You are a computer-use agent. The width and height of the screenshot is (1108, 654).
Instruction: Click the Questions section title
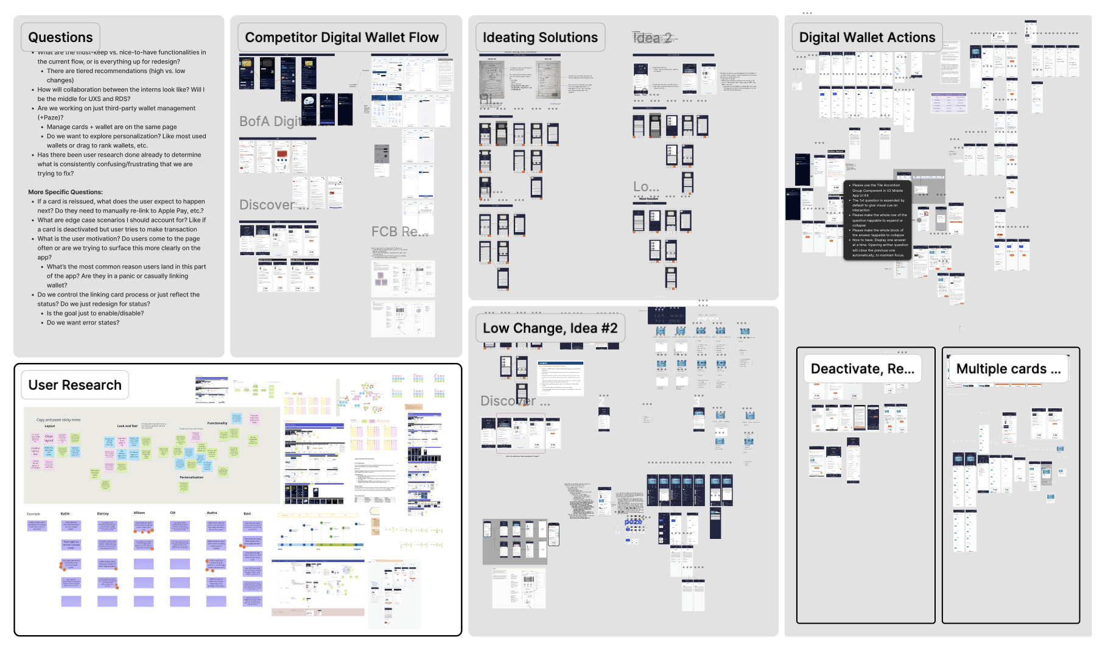pyautogui.click(x=60, y=38)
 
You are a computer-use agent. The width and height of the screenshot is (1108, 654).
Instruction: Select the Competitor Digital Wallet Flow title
pyautogui.click(x=342, y=38)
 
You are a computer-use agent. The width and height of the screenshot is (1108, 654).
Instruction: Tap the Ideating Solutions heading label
pyautogui.click(x=540, y=38)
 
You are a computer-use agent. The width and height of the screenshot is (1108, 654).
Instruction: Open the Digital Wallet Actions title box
pyautogui.click(x=867, y=38)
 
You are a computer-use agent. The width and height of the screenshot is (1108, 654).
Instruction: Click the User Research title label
pyautogui.click(x=75, y=385)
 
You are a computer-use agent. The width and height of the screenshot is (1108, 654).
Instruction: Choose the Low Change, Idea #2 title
pyautogui.click(x=550, y=329)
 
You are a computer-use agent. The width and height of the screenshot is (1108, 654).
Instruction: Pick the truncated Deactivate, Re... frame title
pyautogui.click(x=862, y=369)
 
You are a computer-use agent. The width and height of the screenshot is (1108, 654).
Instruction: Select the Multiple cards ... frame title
pyautogui.click(x=1008, y=369)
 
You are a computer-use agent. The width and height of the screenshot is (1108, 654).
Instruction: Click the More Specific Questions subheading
pyautogui.click(x=65, y=192)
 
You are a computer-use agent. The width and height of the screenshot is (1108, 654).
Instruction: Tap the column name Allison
pyautogui.click(x=139, y=513)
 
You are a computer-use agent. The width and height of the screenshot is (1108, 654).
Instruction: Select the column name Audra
pyautogui.click(x=212, y=513)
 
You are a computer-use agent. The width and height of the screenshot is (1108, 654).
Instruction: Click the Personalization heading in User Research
pyautogui.click(x=191, y=477)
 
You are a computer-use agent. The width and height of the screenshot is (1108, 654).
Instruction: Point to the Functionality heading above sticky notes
pyautogui.click(x=217, y=423)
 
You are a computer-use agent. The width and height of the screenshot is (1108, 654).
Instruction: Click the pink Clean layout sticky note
pyautogui.click(x=49, y=438)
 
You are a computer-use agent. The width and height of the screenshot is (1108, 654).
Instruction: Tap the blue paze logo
pyautogui.click(x=633, y=522)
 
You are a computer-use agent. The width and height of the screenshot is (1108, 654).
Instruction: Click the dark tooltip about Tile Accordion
pyautogui.click(x=877, y=220)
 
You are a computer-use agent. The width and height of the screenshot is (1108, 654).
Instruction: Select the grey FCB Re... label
pyautogui.click(x=399, y=232)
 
